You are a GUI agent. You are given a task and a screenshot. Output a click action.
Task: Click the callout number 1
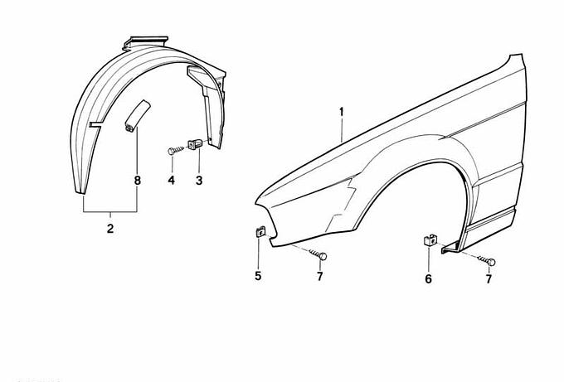point(342,112)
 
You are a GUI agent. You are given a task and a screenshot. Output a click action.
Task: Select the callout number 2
point(110,229)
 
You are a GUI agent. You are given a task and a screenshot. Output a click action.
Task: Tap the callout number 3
point(199,180)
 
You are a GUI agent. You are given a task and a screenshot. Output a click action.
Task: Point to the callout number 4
point(172,180)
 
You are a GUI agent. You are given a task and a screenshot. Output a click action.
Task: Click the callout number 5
point(258,276)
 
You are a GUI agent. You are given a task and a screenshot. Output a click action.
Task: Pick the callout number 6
point(428,278)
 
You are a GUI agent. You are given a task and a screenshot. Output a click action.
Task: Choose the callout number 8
point(137,180)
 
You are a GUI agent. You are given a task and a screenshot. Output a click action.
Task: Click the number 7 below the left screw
point(320,276)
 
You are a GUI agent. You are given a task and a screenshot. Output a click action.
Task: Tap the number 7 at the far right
point(489,279)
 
